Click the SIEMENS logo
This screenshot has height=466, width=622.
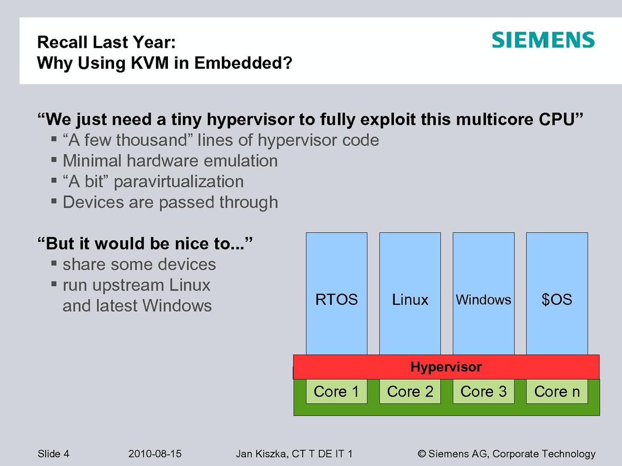pyautogui.click(x=543, y=40)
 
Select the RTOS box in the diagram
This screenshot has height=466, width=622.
pyautogui.click(x=336, y=294)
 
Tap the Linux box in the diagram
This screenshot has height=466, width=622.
pyautogui.click(x=410, y=294)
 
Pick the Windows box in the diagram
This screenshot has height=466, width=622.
pyautogui.click(x=484, y=294)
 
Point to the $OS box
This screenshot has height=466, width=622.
pyautogui.click(x=557, y=294)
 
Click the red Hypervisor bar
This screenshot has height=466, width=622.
pyautogui.click(x=446, y=367)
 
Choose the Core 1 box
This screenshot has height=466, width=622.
pyautogui.click(x=336, y=391)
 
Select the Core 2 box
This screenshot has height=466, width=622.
pyautogui.click(x=410, y=391)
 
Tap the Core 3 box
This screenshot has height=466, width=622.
pyautogui.click(x=484, y=391)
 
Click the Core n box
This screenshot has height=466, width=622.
pyautogui.click(x=557, y=391)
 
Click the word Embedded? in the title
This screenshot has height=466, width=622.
pyautogui.click(x=243, y=63)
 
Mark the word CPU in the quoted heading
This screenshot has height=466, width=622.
pyautogui.click(x=557, y=119)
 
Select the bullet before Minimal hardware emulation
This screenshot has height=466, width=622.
pyautogui.click(x=54, y=159)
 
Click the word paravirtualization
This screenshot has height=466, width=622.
pyautogui.click(x=178, y=182)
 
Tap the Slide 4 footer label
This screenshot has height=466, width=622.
pyautogui.click(x=53, y=454)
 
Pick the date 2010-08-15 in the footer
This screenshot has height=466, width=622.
pyautogui.click(x=154, y=454)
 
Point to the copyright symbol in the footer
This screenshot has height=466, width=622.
pyautogui.click(x=421, y=454)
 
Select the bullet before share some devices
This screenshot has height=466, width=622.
pyautogui.click(x=54, y=263)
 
